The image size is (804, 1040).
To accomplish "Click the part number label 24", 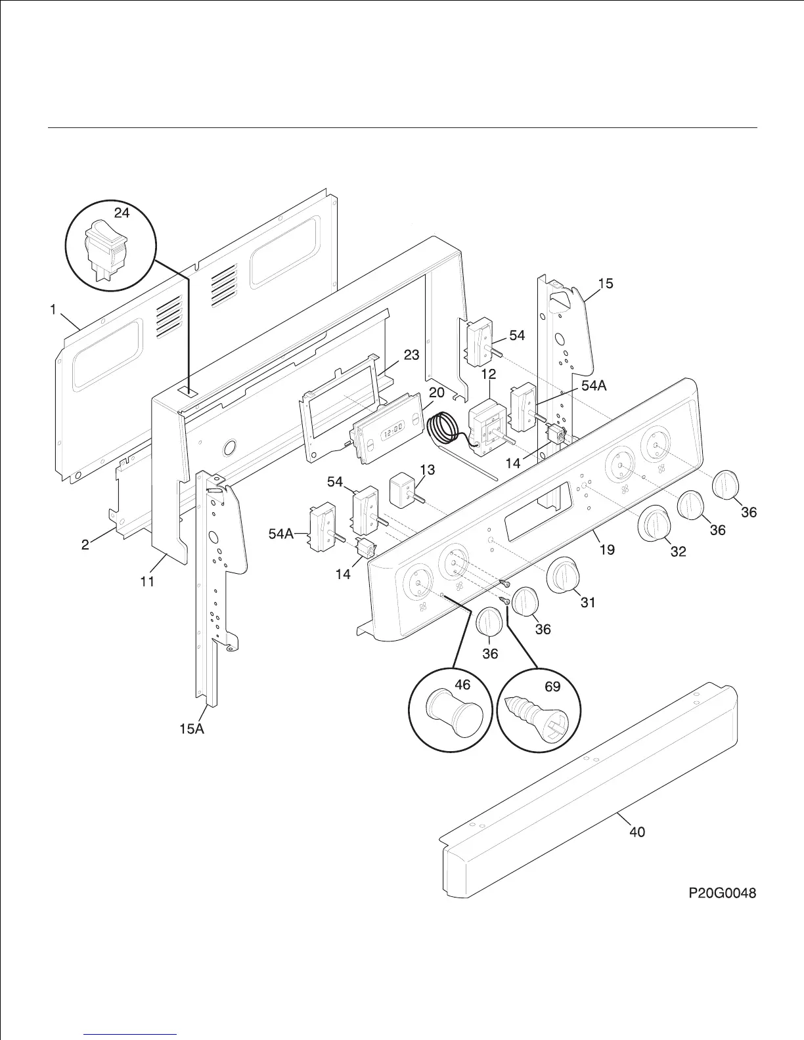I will [122, 212].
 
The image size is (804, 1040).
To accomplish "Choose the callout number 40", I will [636, 832].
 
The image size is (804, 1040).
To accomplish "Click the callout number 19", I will [607, 549].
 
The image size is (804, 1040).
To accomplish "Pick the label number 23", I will [411, 355].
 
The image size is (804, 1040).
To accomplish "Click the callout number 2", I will [85, 544].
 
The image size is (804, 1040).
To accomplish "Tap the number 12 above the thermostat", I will [489, 374].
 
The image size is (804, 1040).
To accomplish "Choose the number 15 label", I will [606, 283].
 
